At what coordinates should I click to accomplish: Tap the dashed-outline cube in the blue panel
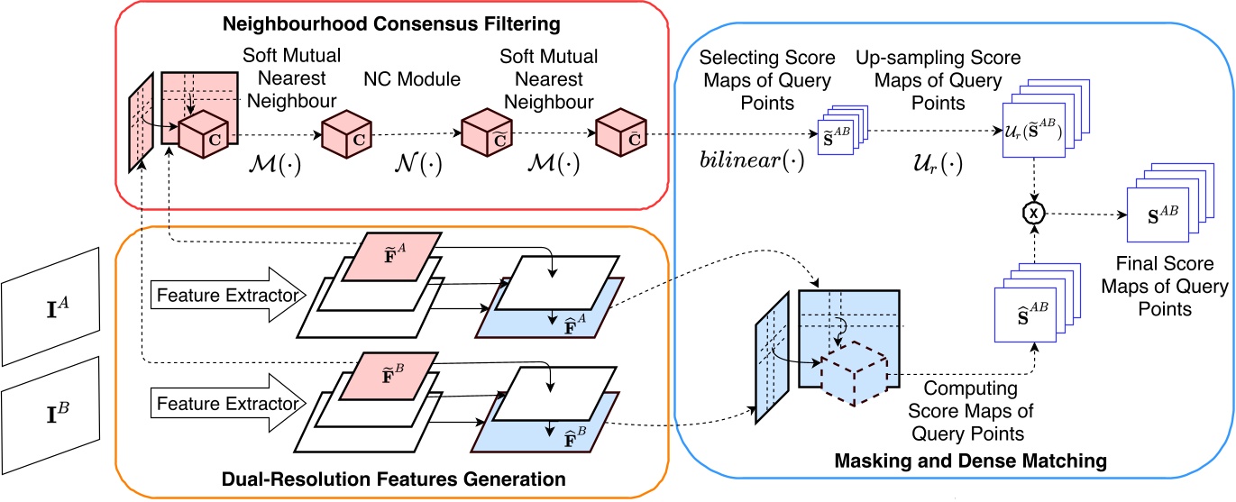(853, 372)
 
